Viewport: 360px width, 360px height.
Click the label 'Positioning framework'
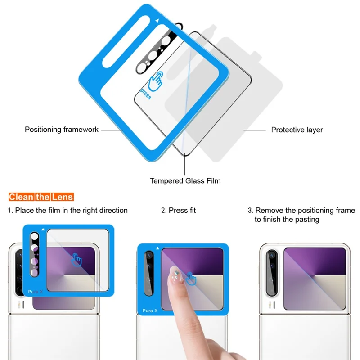coord(62,130)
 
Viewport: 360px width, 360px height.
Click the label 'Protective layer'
coord(297,130)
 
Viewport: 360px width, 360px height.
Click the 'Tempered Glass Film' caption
coord(185,181)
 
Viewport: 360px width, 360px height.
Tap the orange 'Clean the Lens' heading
coord(41,197)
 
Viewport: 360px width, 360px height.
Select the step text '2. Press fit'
coord(179,210)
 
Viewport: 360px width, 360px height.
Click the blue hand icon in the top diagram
coord(156,81)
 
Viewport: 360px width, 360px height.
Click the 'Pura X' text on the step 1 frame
coord(36,292)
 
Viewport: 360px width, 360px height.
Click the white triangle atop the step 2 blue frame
coord(157,247)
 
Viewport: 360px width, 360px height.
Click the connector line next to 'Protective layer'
coord(254,130)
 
